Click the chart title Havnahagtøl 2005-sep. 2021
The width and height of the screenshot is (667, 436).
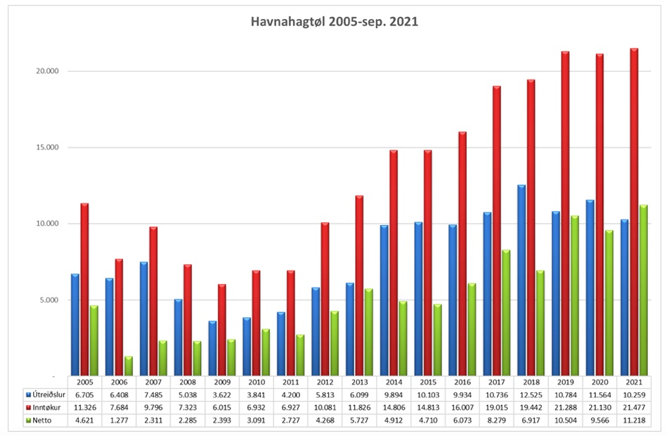pos(334,22)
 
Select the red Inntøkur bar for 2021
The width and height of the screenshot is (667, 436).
pos(634,211)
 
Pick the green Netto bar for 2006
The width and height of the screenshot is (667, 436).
pos(129,366)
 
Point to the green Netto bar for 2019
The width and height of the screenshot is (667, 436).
pos(575,295)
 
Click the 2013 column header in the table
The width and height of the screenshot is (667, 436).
pos(360,382)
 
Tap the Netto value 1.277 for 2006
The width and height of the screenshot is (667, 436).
pos(119,420)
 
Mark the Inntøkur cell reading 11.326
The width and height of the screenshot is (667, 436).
pos(85,407)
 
